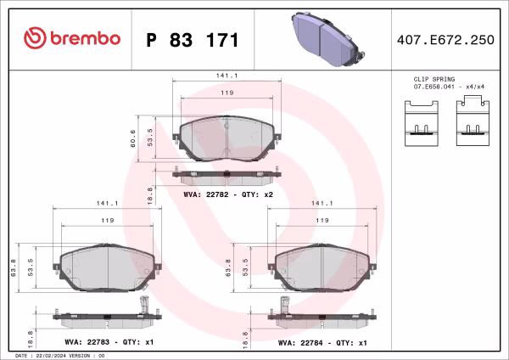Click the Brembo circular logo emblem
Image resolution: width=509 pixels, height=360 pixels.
click(35, 38)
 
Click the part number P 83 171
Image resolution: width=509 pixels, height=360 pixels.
click(193, 40)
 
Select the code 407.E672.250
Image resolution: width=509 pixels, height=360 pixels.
click(445, 40)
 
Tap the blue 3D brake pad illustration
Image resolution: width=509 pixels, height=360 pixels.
click(327, 39)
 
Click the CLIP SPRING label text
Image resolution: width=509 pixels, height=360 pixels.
click(434, 79)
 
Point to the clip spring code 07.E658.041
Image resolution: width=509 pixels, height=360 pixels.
click(434, 87)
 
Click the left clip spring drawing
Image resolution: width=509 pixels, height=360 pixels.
click(422, 123)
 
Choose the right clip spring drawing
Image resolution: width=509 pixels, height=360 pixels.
click(473, 121)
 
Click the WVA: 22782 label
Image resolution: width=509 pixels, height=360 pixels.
click(206, 194)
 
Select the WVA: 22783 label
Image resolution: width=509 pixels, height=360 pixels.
click(87, 342)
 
